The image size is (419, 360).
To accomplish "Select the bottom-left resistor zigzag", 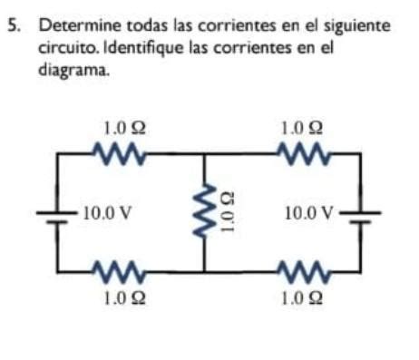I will pyautogui.click(x=118, y=270).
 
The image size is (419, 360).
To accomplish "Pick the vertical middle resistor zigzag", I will pyautogui.click(x=205, y=213).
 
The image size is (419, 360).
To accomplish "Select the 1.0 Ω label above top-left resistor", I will pyautogui.click(x=117, y=131).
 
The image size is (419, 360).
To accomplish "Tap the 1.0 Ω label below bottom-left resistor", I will pyautogui.click(x=118, y=295).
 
